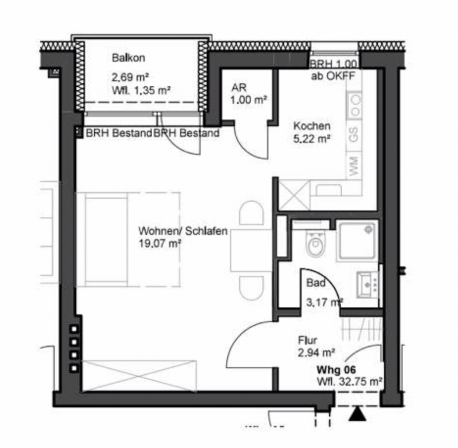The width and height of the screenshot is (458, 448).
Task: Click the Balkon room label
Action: click(129, 58)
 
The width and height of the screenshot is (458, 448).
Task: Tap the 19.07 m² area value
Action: click(160, 243)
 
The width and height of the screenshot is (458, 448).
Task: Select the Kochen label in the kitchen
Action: click(312, 126)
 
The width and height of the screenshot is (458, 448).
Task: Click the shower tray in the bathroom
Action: click(357, 241)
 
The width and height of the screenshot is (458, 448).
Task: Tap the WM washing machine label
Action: click(354, 166)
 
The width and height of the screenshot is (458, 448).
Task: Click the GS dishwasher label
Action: click(354, 135)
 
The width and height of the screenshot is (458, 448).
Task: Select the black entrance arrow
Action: click(358, 415)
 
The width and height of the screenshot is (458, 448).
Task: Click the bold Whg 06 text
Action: click(336, 370)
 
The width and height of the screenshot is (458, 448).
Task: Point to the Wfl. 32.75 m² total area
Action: click(349, 381)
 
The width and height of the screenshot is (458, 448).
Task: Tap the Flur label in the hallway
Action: click(308, 340)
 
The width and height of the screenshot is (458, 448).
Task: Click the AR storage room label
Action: click(239, 88)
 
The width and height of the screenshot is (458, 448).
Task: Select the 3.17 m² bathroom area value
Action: click(324, 302)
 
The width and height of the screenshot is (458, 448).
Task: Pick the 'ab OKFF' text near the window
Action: click(333, 76)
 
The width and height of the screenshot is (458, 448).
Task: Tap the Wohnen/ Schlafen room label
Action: click(183, 231)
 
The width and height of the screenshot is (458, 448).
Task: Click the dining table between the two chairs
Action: click(251, 250)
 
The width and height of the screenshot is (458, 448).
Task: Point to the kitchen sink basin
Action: click(329, 190)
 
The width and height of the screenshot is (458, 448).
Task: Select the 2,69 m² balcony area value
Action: click(130, 77)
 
